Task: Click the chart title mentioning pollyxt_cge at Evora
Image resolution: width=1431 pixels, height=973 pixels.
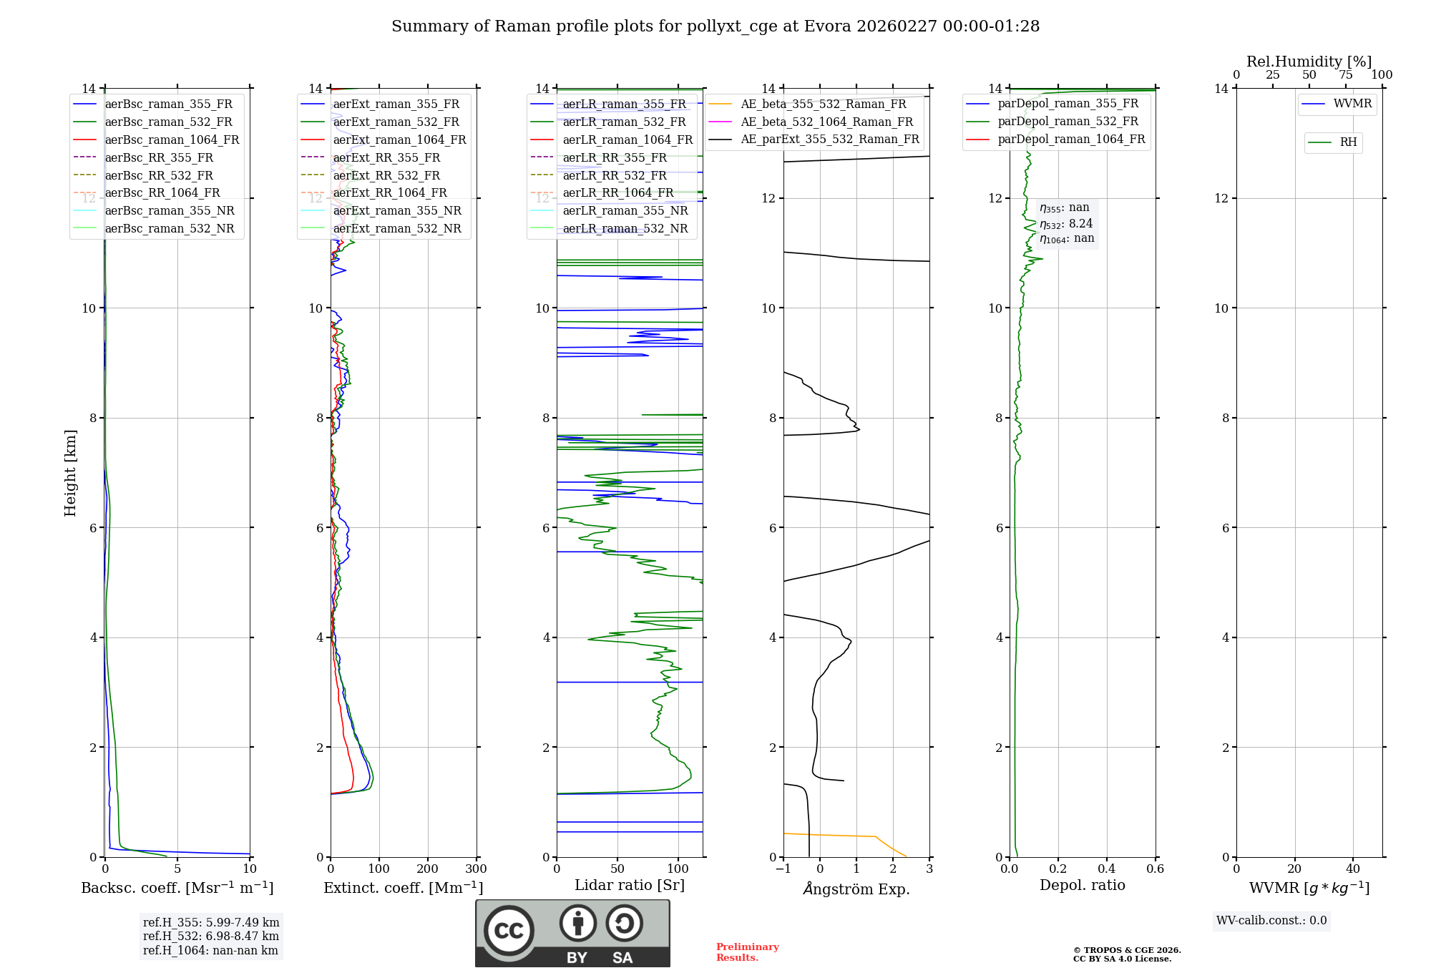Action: click(715, 26)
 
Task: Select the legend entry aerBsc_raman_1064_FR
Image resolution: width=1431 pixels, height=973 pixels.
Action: click(172, 140)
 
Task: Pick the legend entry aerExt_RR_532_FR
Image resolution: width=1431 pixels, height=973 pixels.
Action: click(386, 175)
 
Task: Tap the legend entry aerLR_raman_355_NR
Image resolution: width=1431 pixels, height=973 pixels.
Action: click(625, 210)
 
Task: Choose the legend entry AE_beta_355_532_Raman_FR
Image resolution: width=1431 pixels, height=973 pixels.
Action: click(823, 104)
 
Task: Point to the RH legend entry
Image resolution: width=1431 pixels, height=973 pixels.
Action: click(1348, 142)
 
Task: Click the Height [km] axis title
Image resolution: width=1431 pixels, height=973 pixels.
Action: click(70, 473)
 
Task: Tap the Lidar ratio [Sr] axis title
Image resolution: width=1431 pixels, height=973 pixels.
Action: click(630, 885)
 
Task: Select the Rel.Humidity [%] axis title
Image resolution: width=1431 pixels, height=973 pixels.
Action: click(1309, 62)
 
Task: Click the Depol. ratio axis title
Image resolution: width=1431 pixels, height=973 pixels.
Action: click(1082, 885)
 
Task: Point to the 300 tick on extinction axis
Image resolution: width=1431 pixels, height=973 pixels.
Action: click(476, 869)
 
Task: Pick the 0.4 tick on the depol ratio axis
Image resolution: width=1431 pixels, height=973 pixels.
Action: click(1106, 869)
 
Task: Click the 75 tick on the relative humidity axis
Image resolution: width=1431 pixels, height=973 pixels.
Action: click(1345, 75)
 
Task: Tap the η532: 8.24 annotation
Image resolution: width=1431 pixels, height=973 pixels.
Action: click(1066, 224)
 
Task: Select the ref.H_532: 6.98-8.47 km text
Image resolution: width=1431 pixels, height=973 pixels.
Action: click(210, 936)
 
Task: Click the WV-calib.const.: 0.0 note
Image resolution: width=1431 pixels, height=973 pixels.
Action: click(1271, 921)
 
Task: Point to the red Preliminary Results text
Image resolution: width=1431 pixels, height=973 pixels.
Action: click(747, 952)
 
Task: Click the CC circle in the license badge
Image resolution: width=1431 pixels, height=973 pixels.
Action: click(509, 931)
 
